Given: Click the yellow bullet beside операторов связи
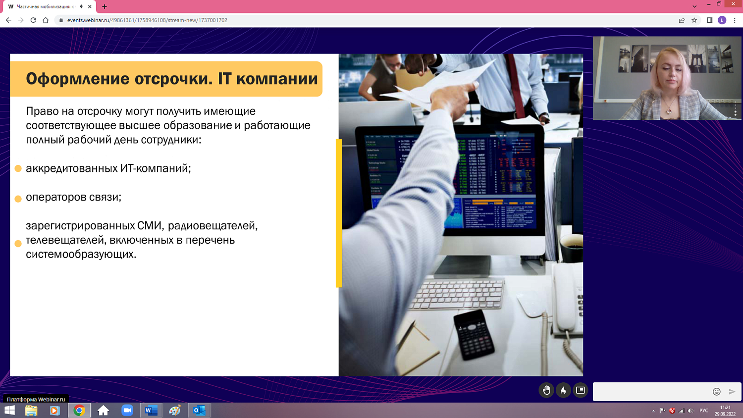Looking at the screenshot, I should pos(18,199).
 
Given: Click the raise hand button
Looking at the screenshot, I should pos(546,390).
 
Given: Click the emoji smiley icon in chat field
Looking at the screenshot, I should pos(716,392).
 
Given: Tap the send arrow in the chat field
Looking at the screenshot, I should pos(732,392).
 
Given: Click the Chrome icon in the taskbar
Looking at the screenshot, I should pos(79,411).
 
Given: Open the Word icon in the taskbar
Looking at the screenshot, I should pos(151,411).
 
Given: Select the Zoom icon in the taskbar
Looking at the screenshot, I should pos(127,411).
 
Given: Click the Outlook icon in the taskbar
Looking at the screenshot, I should pos(199,411).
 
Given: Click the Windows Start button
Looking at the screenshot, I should pos(9,411).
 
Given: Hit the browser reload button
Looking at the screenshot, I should pos(33,20).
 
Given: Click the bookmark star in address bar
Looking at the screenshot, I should pos(694,20).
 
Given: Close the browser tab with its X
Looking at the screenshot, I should pos(90,6).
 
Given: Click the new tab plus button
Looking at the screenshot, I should pos(105,6).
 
